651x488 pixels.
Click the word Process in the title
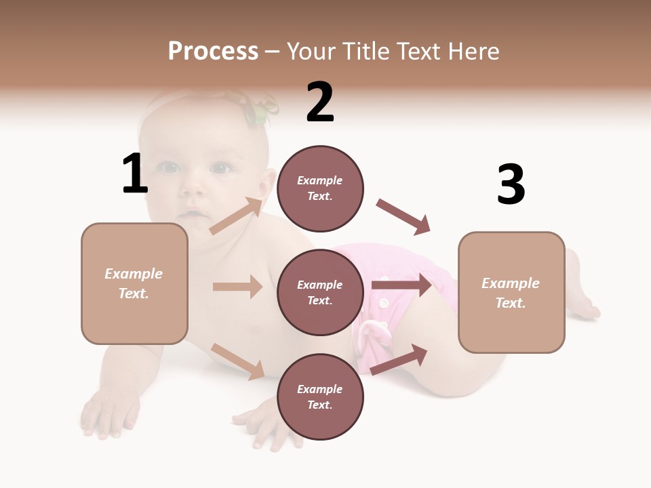[213, 51]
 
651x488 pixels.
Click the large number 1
[135, 174]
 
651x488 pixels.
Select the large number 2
[320, 102]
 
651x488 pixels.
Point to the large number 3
[511, 184]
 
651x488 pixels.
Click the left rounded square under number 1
[134, 283]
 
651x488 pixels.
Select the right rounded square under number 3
[511, 292]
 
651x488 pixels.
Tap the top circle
[320, 188]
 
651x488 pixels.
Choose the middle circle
[320, 292]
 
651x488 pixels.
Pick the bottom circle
[320, 396]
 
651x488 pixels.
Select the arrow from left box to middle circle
[237, 287]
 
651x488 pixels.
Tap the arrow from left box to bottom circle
[237, 361]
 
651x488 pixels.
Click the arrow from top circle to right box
[403, 217]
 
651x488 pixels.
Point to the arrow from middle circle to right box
[401, 285]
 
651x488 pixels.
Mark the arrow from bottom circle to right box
[399, 359]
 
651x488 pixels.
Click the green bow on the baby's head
[260, 108]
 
